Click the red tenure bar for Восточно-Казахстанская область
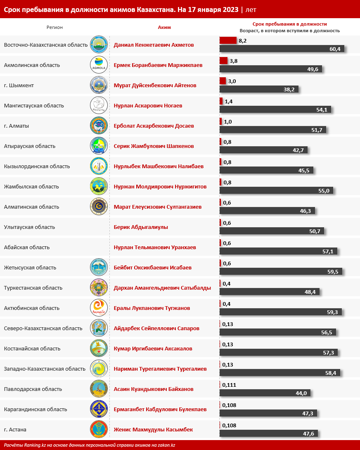coord(227,40)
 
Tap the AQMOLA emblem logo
coord(99,65)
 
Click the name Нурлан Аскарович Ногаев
coord(148,105)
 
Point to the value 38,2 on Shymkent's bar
coord(289,89)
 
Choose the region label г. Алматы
coord(16,126)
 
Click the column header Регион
coord(54,27)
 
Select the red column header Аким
coord(164,27)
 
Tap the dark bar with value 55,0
coord(276,190)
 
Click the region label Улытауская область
coord(29,227)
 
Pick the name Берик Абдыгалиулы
coord(141,227)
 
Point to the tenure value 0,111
coord(229,385)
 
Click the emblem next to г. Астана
coord(99,429)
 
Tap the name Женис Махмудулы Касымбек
coord(153,429)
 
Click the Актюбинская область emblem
coord(99,308)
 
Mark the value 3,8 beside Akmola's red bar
coord(233,61)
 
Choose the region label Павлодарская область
coord(33,389)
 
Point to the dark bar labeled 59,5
coord(280,271)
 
